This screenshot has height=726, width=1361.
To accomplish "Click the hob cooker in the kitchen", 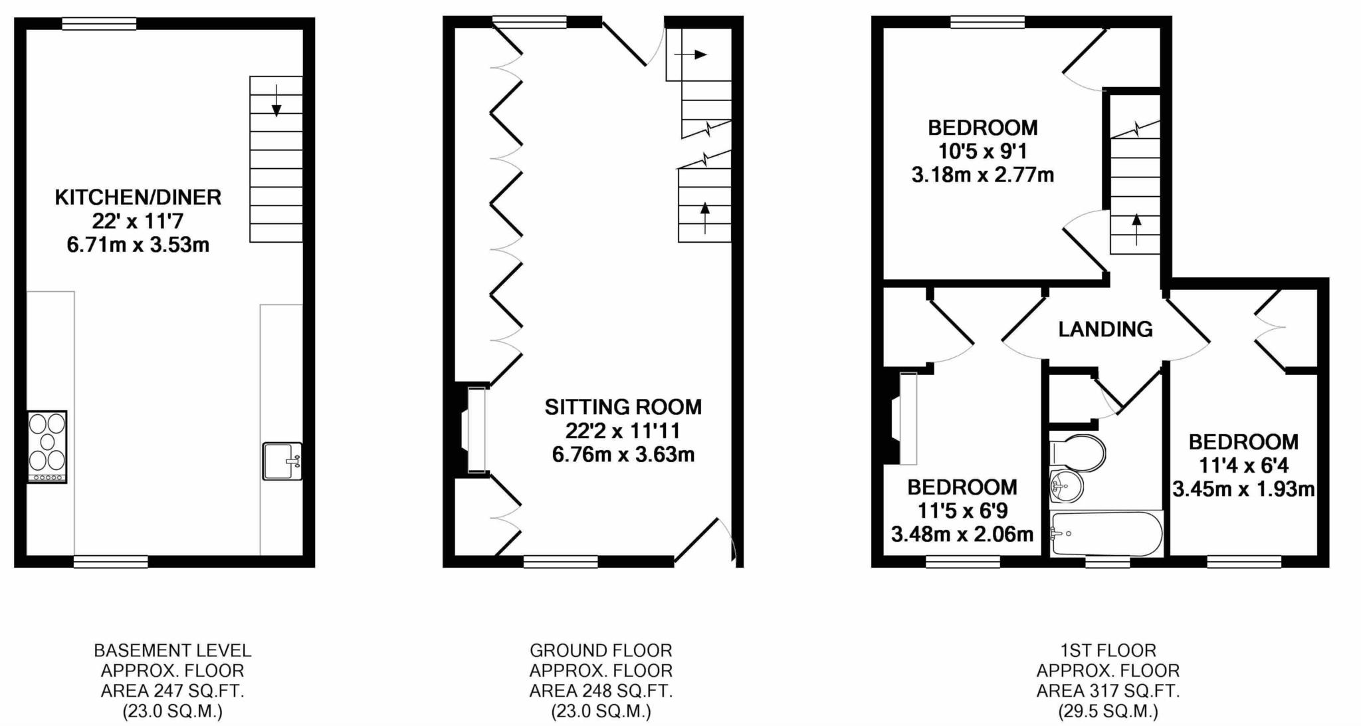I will [x=47, y=446].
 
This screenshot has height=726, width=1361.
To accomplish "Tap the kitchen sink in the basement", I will [x=282, y=461].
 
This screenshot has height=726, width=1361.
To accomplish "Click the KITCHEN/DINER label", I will [x=138, y=197].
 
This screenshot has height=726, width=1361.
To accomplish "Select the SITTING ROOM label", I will [x=623, y=407].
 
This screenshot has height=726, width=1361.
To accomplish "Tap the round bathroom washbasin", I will [x=1066, y=487].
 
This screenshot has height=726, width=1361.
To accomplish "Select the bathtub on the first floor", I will [x=1105, y=533].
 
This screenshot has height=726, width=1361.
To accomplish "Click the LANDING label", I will [x=1105, y=329].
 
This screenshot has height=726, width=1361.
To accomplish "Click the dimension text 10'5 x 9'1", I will [x=982, y=152].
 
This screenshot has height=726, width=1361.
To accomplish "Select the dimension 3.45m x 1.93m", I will [x=1243, y=490].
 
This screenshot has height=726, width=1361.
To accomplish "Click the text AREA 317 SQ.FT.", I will [x=1108, y=691].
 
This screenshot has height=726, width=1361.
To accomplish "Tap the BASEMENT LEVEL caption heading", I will [x=173, y=650].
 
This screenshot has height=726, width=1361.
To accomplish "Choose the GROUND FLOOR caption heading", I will [x=601, y=650].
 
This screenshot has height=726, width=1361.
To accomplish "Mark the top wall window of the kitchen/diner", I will [x=99, y=24].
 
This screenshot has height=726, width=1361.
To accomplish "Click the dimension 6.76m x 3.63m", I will [x=623, y=455].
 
